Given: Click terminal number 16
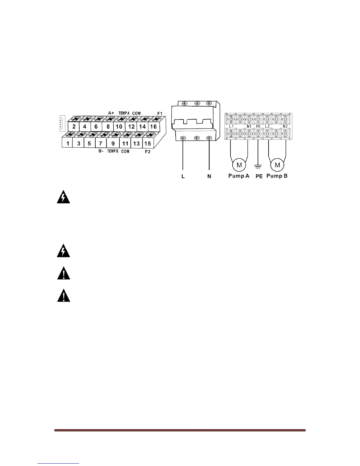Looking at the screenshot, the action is click(x=153, y=127).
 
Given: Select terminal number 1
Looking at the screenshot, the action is click(x=68, y=144).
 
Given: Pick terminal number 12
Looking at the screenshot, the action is click(x=131, y=127).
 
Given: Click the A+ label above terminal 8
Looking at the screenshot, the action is click(x=111, y=113).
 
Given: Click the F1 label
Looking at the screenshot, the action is click(x=160, y=113).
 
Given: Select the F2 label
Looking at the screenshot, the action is click(x=148, y=152).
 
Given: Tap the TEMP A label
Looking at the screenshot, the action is click(x=124, y=113).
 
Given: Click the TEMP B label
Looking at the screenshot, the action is click(x=113, y=151).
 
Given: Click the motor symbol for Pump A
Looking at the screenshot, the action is click(x=239, y=165).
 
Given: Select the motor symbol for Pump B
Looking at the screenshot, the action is click(x=277, y=165).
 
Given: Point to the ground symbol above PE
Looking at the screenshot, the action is click(x=258, y=167).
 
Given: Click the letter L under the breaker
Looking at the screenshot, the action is click(x=183, y=177).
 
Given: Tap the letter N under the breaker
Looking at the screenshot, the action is click(x=209, y=177).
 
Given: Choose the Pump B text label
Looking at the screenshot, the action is click(x=277, y=176).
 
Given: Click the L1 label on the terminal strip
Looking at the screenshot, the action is click(x=231, y=126).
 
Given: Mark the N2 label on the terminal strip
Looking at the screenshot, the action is click(x=285, y=126).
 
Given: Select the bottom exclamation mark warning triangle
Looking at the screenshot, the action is click(x=64, y=296).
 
